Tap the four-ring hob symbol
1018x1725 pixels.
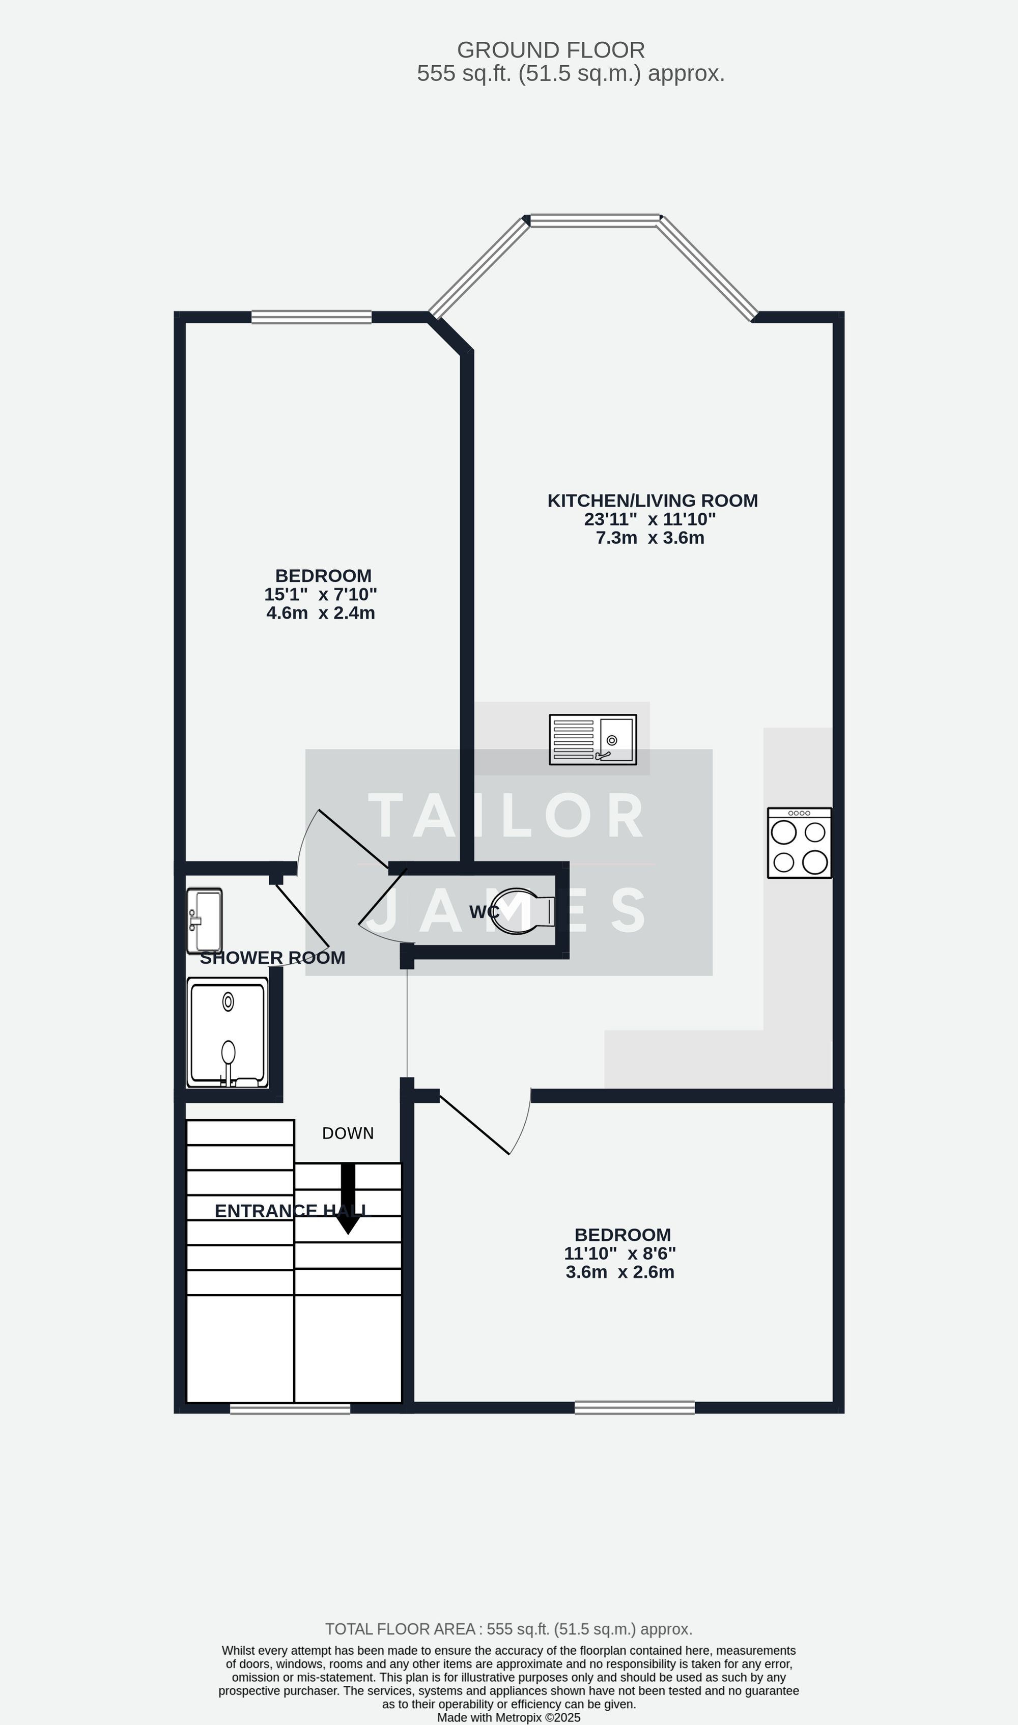coord(799,843)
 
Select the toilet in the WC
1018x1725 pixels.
coord(525,911)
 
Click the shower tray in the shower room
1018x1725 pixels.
coord(227,1033)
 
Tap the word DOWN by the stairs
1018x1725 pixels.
coord(348,1133)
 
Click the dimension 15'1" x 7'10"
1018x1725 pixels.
coord(320,594)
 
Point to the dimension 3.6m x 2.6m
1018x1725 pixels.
coord(619,1272)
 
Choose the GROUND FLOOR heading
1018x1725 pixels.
coord(551,50)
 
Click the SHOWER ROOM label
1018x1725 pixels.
coord(272,958)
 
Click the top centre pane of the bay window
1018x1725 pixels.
coord(595,220)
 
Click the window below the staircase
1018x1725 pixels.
coord(290,1409)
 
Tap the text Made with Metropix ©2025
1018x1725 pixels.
coord(508,1717)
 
